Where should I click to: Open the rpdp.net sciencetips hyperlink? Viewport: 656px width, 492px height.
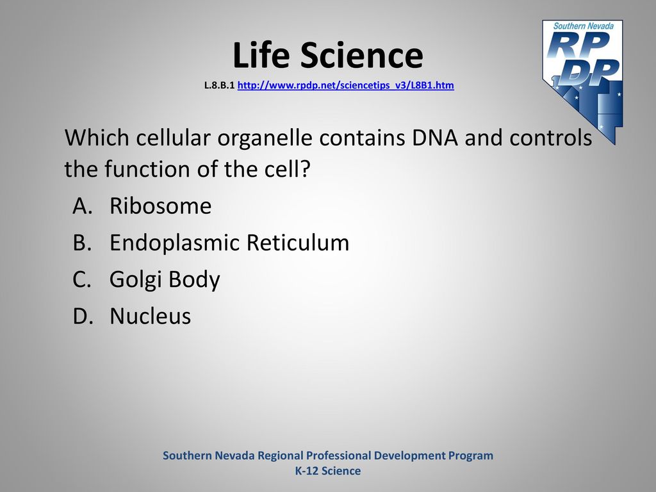point(345,85)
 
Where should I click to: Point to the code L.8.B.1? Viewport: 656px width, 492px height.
point(219,85)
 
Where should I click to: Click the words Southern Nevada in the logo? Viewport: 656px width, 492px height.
point(583,26)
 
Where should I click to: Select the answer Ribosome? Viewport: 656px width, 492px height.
point(160,206)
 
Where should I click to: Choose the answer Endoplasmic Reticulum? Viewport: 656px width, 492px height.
point(229,243)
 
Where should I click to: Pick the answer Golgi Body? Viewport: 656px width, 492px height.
point(165,279)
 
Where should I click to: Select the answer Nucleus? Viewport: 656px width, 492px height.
point(150,316)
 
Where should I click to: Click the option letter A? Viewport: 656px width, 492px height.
point(83,206)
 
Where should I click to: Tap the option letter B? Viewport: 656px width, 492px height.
point(82,243)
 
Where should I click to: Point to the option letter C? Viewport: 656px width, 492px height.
point(82,279)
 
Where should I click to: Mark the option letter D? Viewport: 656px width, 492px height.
point(83,316)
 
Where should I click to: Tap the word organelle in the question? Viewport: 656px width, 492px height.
point(265,138)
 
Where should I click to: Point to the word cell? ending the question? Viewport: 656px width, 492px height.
point(288,169)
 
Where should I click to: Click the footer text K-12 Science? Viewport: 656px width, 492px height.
point(328,471)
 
